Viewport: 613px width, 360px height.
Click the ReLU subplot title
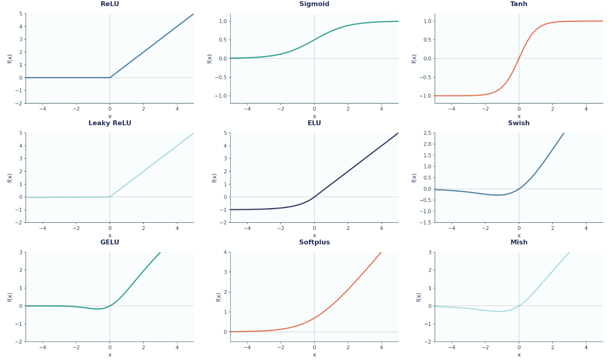110,4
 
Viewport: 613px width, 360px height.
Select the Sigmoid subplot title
314,4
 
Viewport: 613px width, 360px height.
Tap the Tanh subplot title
519,4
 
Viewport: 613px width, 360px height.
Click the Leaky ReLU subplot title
110,123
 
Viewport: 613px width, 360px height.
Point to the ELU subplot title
314,123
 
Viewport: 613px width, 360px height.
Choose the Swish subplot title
519,123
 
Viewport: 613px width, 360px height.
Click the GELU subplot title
110,242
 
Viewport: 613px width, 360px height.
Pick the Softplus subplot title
314,242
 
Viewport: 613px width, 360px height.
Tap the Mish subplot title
519,242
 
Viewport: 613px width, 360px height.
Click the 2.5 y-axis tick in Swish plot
427,133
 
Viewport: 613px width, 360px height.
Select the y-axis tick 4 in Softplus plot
225,252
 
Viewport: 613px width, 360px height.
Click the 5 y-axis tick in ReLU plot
21,14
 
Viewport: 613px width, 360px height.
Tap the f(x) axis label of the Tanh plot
414,59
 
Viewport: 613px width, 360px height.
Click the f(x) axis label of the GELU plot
10,297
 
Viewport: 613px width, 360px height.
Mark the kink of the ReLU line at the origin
110,77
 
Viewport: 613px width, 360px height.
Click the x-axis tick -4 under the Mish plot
452,347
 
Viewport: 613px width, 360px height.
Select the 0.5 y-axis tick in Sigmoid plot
223,40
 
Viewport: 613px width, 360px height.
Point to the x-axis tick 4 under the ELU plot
381,228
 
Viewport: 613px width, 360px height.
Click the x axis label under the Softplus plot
314,355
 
